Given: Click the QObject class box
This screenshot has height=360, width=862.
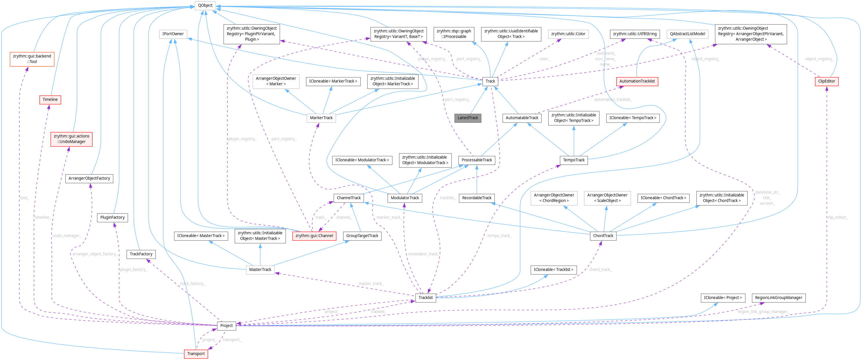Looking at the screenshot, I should [x=205, y=5].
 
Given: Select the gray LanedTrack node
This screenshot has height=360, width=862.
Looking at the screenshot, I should [x=468, y=118].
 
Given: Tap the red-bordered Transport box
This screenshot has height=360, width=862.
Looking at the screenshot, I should [x=196, y=354].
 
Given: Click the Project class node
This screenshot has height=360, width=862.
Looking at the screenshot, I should [x=226, y=325].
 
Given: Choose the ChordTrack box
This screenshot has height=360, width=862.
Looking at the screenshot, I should [x=603, y=236].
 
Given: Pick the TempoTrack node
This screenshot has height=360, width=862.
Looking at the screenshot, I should [x=573, y=160].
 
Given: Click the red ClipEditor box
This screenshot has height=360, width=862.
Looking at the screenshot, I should [x=826, y=81].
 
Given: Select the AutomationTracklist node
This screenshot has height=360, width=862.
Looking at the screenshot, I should [x=637, y=81].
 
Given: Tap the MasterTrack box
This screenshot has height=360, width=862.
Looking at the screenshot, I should [x=260, y=269].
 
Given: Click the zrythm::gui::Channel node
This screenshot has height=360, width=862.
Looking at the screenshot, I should [x=314, y=236].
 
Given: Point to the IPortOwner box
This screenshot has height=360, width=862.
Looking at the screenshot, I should [x=173, y=34].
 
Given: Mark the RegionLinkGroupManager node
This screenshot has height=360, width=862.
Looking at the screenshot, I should [x=778, y=297].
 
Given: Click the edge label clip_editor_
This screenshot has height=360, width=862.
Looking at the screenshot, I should [x=838, y=218].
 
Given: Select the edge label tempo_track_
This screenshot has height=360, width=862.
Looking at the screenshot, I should [x=499, y=236].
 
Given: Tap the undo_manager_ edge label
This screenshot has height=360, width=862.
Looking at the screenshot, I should [x=67, y=236].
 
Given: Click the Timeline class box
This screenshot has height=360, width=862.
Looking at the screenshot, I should [x=50, y=100].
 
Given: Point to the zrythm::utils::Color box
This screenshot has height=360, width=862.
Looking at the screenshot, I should [x=568, y=34].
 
